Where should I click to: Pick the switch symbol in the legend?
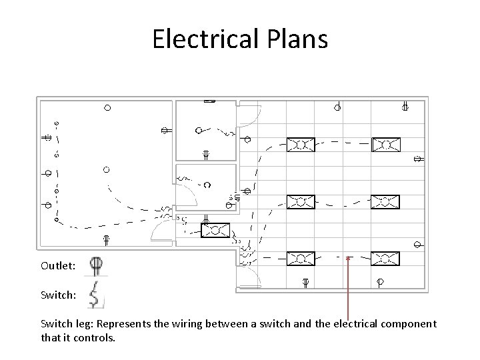(95, 294)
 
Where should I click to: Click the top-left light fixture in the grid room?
(301, 145)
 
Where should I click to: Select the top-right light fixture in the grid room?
(385, 145)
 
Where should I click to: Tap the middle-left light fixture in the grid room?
(301, 201)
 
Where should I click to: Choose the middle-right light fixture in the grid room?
(385, 201)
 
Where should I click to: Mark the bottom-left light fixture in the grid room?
(301, 259)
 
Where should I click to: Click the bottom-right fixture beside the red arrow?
(385, 259)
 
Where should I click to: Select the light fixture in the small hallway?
(215, 230)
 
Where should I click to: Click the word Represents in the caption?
(127, 324)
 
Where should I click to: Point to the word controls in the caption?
(96, 337)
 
